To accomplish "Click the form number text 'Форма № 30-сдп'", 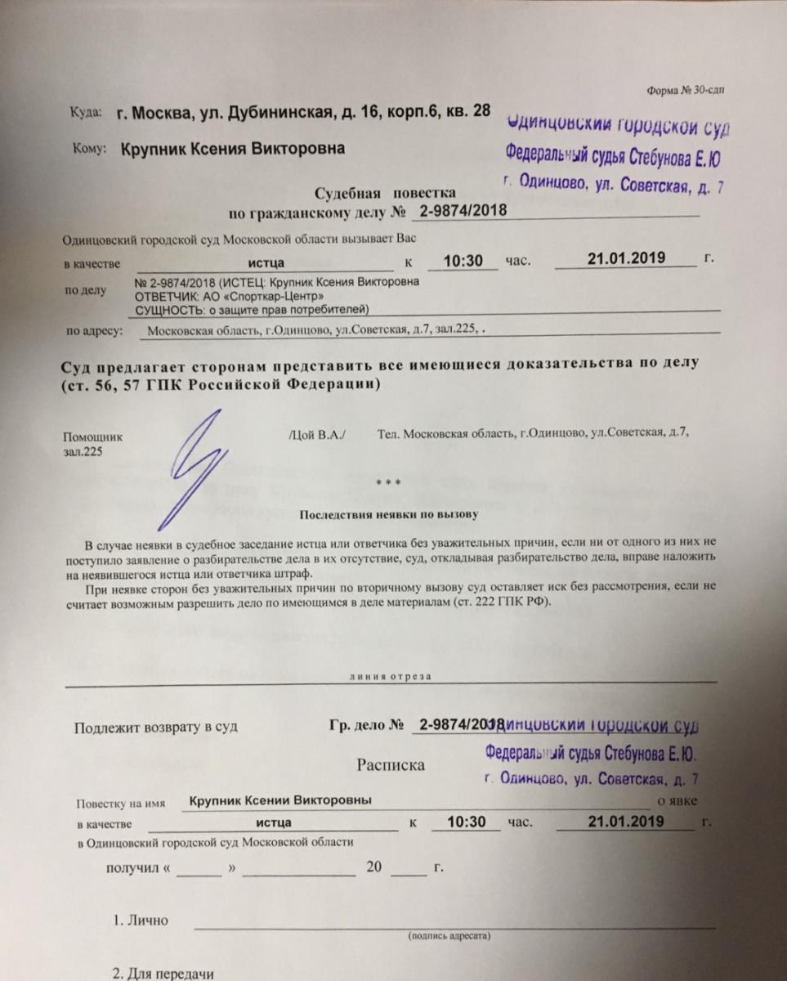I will pyautogui.click(x=684, y=92).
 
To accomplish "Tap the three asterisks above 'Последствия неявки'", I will pyautogui.click(x=388, y=484).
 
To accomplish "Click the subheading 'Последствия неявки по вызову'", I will pyautogui.click(x=388, y=515).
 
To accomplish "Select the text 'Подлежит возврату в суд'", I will pyautogui.click(x=156, y=726).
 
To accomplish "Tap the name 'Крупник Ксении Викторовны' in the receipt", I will pyautogui.click(x=280, y=800).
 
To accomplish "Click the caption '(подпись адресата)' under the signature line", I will pyautogui.click(x=449, y=934).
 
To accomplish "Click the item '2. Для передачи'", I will pyautogui.click(x=163, y=974).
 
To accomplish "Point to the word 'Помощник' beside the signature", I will pyautogui.click(x=92, y=437).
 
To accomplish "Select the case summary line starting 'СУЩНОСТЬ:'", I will pyautogui.click(x=244, y=308).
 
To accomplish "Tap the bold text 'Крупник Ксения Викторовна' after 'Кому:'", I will pyautogui.click(x=233, y=149).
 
